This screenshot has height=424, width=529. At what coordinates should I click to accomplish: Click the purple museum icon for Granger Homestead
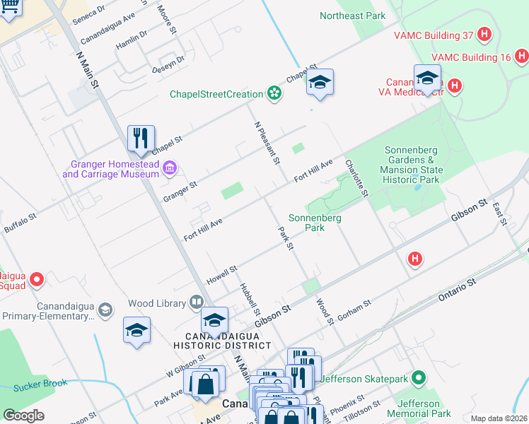[170, 167]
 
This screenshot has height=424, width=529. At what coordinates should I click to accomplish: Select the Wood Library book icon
[196, 303]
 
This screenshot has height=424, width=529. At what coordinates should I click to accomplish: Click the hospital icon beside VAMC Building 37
[484, 34]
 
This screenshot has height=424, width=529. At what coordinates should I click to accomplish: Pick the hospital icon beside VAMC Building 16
[521, 56]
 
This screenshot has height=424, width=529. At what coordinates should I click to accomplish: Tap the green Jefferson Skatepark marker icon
[419, 379]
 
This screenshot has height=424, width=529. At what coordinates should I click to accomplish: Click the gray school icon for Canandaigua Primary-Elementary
[105, 310]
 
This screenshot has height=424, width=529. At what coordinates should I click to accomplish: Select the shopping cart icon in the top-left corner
[10, 7]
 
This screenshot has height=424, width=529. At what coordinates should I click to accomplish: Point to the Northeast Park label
[352, 16]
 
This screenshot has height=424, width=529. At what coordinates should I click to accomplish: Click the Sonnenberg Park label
[315, 223]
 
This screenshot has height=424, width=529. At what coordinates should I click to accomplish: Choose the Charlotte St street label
[356, 178]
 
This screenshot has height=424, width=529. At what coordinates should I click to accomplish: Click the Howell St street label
[221, 273]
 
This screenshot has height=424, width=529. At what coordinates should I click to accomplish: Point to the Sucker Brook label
[40, 385]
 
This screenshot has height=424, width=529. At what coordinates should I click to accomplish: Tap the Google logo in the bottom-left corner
[23, 415]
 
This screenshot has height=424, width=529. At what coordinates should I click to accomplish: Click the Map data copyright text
[498, 418]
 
